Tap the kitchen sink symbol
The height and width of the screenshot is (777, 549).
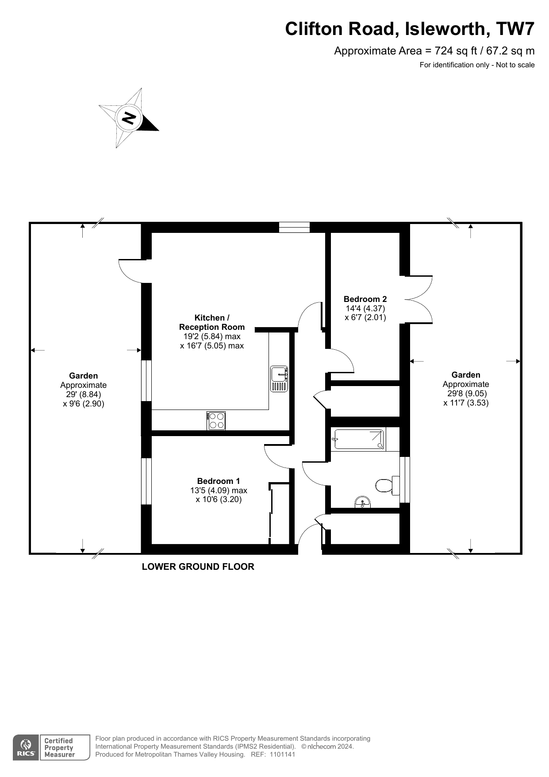click(x=279, y=379)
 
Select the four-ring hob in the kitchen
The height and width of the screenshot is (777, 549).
click(x=216, y=421)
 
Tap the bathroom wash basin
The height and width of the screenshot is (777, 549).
click(x=363, y=502)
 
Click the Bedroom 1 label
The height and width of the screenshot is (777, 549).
click(x=219, y=481)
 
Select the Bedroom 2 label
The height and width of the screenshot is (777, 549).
click(x=365, y=299)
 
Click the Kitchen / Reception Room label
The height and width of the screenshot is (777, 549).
click(x=212, y=322)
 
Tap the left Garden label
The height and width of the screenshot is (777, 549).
click(x=84, y=375)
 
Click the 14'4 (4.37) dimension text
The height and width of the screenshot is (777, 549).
click(x=365, y=308)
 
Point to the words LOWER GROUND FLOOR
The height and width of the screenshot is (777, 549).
click(x=198, y=567)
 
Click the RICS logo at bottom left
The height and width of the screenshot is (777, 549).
click(x=26, y=748)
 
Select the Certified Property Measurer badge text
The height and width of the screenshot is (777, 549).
click(x=59, y=748)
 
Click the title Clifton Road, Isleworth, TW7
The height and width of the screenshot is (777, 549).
click(x=410, y=29)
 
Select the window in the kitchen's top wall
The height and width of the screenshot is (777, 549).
click(x=294, y=227)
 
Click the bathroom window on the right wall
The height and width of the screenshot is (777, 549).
click(x=405, y=479)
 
